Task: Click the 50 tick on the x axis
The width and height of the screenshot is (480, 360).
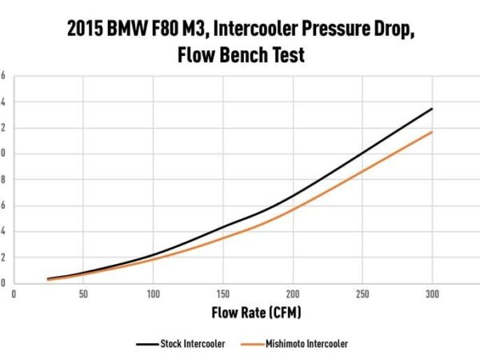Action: (83, 294)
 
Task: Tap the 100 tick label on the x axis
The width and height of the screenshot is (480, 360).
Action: (154, 294)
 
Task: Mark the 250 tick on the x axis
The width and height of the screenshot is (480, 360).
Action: (362, 294)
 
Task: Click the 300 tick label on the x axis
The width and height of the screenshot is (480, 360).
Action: (432, 294)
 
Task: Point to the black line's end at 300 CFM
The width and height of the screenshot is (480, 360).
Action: (432, 109)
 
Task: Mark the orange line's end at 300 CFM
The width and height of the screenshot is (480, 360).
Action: (432, 132)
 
